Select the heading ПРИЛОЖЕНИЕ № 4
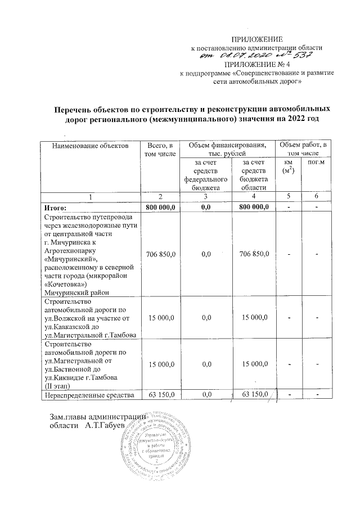click(256, 64)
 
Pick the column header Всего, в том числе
click(160, 150)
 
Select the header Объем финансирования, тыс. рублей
click(227, 150)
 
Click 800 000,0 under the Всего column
click(160, 207)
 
